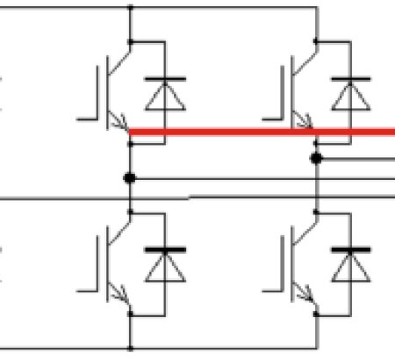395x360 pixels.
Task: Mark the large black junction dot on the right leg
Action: coord(316,158)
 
